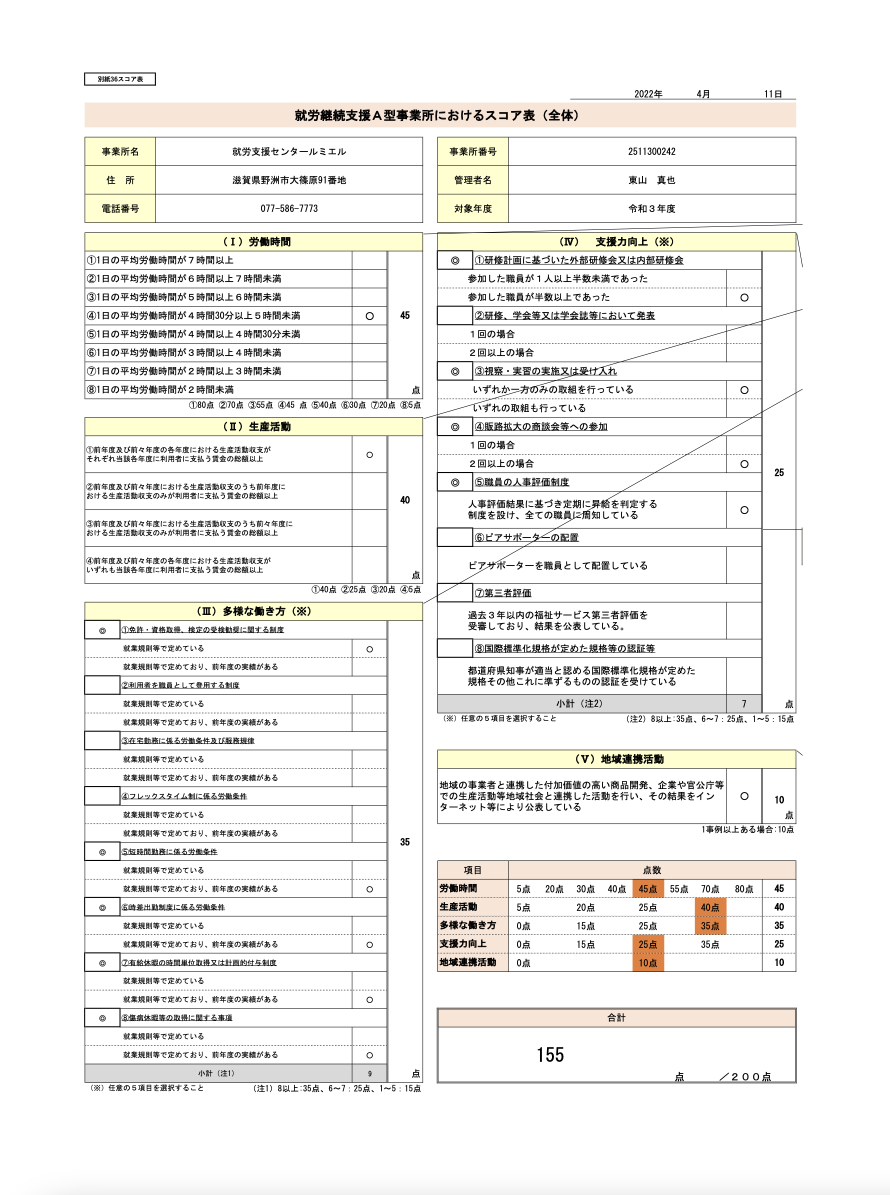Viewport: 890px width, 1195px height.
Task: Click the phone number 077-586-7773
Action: pyautogui.click(x=289, y=208)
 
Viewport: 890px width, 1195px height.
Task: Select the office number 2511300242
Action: pyautogui.click(x=651, y=151)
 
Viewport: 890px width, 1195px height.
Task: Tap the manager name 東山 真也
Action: pyautogui.click(x=651, y=180)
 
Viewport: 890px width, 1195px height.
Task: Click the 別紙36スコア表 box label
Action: pyautogui.click(x=120, y=79)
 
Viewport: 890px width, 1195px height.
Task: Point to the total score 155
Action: pyautogui.click(x=550, y=1054)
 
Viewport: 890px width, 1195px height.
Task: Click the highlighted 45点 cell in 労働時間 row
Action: pyautogui.click(x=647, y=889)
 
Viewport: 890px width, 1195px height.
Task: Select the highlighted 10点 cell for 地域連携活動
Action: pyautogui.click(x=647, y=963)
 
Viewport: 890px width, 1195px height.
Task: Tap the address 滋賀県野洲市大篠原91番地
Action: pyautogui.click(x=289, y=180)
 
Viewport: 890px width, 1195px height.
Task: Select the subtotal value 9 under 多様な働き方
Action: pyautogui.click(x=369, y=1073)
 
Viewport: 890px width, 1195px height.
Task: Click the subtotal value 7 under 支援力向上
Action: pyautogui.click(x=744, y=703)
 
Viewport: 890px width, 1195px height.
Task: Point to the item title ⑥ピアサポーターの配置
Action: pyautogui.click(x=526, y=537)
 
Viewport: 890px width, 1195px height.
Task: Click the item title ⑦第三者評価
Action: pyautogui.click(x=502, y=593)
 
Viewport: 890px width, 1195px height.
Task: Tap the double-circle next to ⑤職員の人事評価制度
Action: pyautogui.click(x=455, y=482)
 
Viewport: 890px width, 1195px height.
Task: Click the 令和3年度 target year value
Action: pyautogui.click(x=651, y=208)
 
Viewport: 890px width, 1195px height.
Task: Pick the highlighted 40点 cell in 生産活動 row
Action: pyautogui.click(x=710, y=907)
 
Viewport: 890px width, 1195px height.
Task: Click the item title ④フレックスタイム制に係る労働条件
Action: pyautogui.click(x=184, y=796)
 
